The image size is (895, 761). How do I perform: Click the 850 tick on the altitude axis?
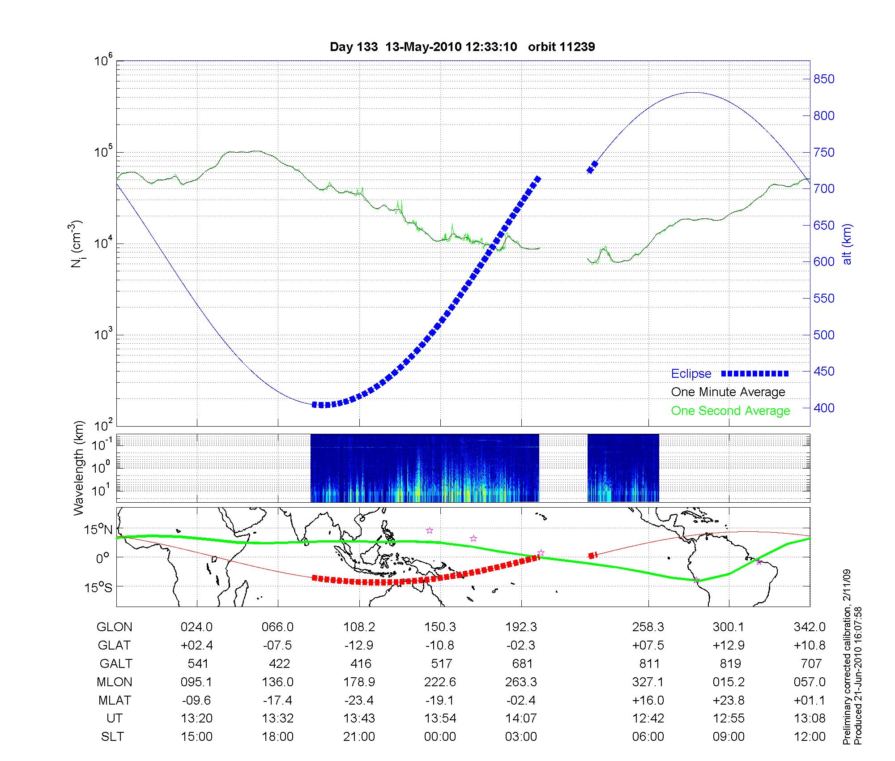pos(824,79)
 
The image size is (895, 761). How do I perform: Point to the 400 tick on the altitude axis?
pos(824,408)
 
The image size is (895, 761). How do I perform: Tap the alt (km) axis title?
pos(847,244)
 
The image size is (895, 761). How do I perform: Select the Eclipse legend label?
pos(691,374)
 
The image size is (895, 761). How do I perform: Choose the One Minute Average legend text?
pos(728,392)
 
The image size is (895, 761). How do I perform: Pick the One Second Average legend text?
pos(730,411)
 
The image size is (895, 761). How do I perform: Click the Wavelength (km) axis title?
pos(79,468)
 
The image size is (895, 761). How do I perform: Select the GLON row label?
pos(114,627)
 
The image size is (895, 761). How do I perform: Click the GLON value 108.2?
pos(359,627)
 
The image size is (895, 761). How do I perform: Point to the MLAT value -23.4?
pos(359,700)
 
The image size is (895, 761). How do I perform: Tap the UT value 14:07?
pos(521,718)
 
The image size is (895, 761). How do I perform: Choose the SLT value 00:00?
pos(440,737)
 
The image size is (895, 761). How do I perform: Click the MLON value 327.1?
pos(648,682)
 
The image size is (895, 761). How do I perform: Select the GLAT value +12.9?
pos(729,646)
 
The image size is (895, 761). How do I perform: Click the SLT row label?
pos(112,737)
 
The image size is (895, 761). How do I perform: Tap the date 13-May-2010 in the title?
pos(423,47)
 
